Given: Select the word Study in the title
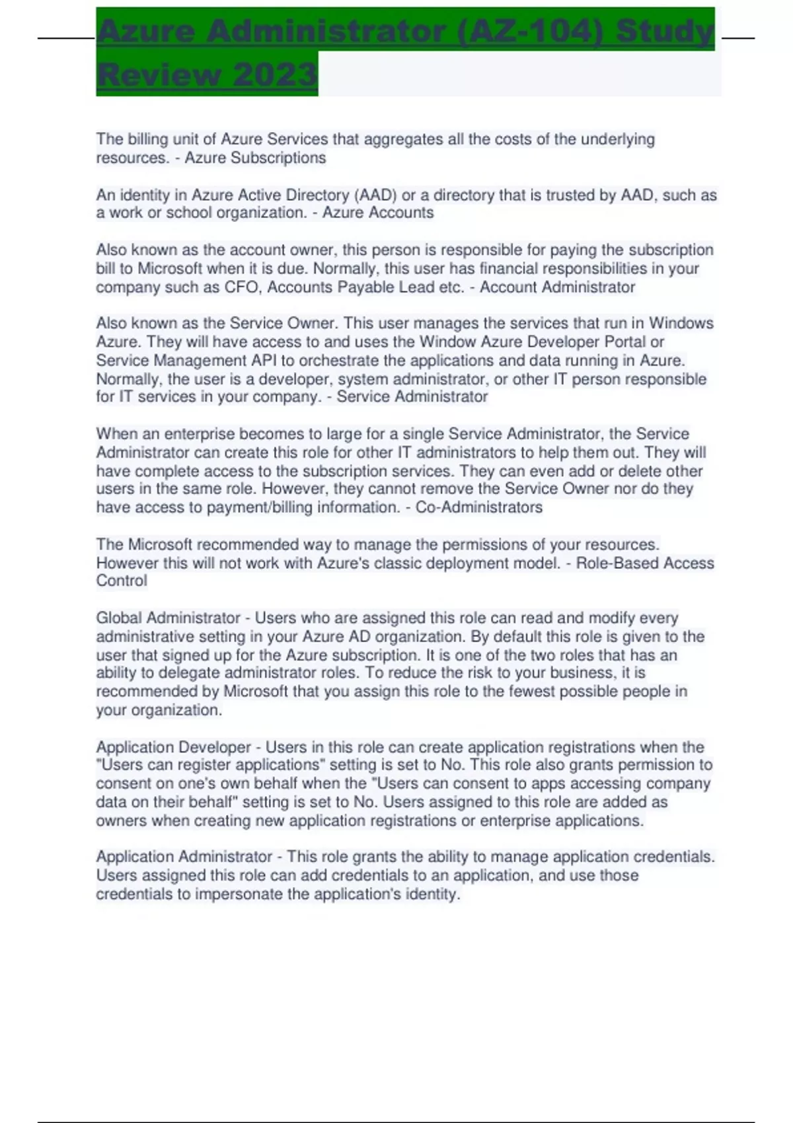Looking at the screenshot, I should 664,31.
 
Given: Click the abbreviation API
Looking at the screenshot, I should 264,360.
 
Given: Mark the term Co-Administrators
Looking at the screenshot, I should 478,507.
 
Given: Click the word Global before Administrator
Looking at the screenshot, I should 118,618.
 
